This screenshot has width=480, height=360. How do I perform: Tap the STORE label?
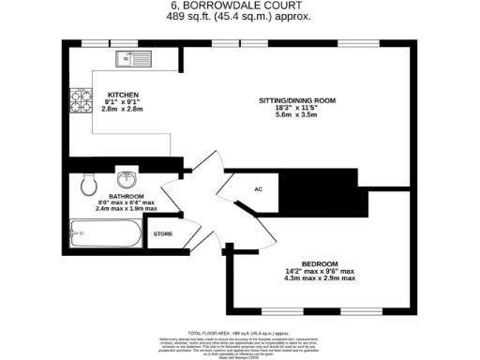pos(163,233)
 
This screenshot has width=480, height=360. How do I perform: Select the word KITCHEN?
pos(123,96)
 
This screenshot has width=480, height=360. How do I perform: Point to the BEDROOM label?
pos(321,265)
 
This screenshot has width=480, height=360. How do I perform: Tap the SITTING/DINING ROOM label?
pos(297,100)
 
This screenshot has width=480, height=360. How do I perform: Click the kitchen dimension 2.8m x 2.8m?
pos(123,109)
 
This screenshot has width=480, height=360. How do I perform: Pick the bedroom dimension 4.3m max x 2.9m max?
pos(321,278)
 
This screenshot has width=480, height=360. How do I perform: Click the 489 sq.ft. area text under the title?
pos(240,17)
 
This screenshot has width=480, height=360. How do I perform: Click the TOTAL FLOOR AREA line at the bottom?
pos(240,333)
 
